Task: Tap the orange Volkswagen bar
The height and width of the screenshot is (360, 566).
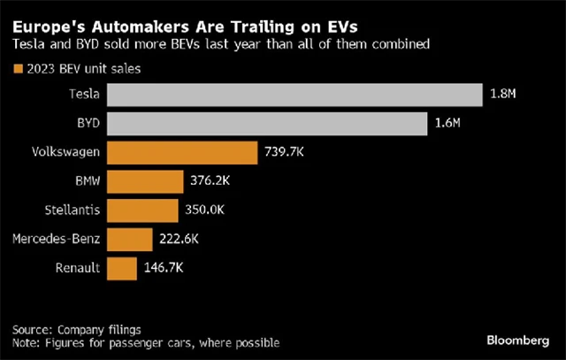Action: (184, 152)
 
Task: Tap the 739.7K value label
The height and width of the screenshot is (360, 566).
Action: (285, 152)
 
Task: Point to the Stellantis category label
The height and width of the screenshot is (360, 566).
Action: (72, 210)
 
